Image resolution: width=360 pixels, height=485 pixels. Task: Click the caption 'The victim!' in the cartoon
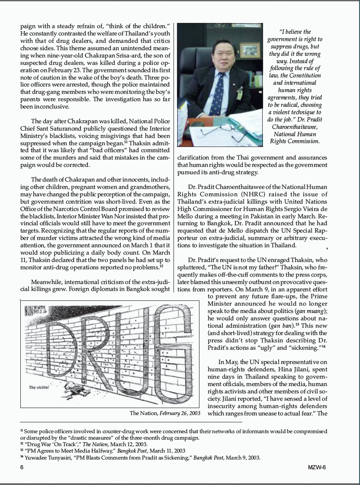pos(39,387)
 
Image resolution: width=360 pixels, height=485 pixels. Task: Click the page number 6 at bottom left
pos(22,467)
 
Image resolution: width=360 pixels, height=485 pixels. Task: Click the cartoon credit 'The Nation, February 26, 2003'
pos(165,413)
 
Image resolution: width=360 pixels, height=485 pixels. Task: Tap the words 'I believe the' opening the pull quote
pos(295,32)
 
